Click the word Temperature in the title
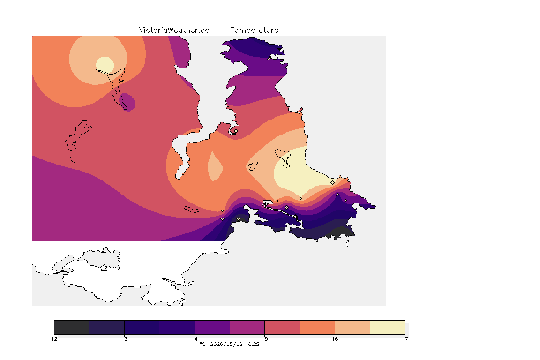coord(254,30)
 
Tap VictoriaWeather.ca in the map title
coord(174,30)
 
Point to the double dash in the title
coord(220,30)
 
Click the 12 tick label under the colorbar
coord(54,339)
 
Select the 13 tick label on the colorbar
coord(124,339)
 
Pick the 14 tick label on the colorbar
coord(195,339)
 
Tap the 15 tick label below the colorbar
coord(264,339)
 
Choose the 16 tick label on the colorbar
coord(335,339)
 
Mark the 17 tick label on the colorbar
coord(405,339)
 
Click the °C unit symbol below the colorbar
coord(202,344)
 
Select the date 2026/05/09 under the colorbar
coord(226,344)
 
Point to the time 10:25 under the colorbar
coord(252,344)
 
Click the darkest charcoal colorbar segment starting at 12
coord(72,327)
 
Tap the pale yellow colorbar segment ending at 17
coord(388,327)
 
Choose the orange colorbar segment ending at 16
coord(317,327)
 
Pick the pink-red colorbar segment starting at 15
coord(282,327)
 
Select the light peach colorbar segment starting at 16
coord(352,327)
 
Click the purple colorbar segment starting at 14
coord(212,327)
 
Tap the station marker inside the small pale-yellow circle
coord(108,68)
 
